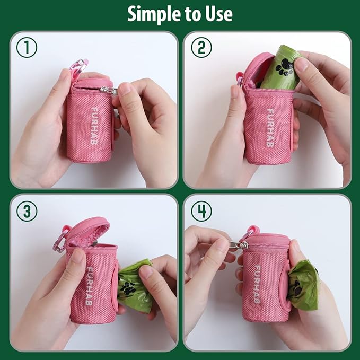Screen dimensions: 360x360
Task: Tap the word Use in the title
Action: [x=217, y=14]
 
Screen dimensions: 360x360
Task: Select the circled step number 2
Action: [x=201, y=48]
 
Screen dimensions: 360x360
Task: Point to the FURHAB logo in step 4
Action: [x=257, y=284]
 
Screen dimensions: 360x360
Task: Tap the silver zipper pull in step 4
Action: [x=238, y=244]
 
